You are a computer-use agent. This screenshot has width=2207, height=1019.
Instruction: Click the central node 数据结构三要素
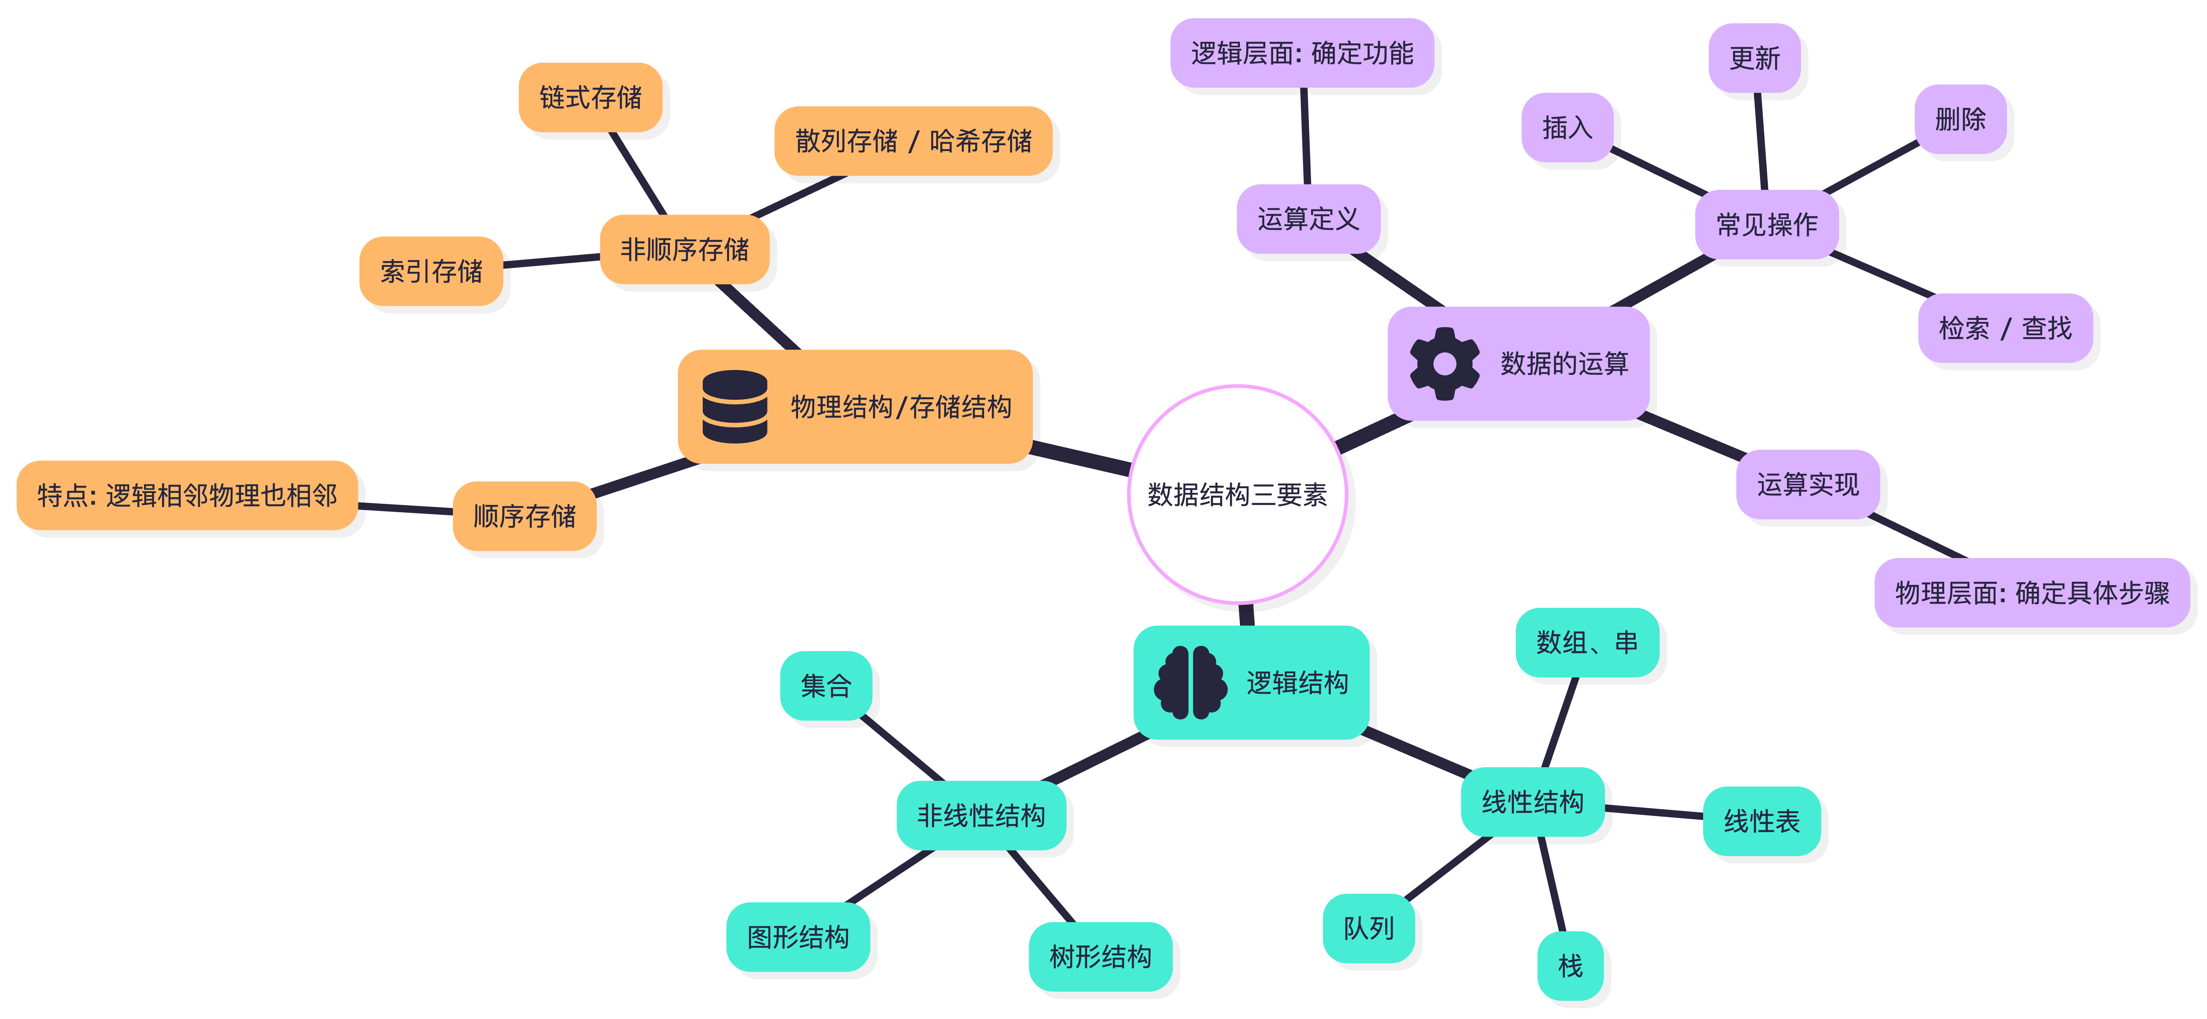[1236, 495]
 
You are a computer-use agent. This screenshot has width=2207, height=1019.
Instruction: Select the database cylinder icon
[734, 406]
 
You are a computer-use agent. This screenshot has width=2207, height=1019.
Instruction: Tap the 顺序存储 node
[524, 516]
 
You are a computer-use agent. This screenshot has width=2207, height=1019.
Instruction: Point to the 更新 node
[1754, 58]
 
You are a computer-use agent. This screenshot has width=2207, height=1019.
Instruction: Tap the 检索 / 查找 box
[2005, 328]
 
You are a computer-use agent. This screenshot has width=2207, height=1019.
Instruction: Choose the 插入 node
[1567, 128]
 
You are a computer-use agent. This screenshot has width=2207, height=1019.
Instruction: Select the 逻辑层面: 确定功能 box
[1302, 53]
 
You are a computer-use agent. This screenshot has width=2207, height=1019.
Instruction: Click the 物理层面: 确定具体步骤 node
[2031, 593]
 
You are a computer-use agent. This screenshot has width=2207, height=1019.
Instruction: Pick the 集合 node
[826, 685]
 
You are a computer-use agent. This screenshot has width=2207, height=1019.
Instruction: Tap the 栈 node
[1570, 966]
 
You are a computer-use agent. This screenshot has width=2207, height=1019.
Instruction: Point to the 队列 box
[1368, 928]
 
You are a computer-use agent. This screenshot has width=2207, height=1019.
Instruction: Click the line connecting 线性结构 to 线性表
[1654, 811]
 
